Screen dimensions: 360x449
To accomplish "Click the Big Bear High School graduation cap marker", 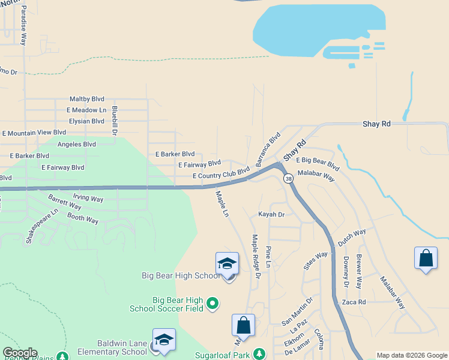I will point(228,264).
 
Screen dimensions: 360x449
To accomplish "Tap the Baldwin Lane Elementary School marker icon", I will point(164,340).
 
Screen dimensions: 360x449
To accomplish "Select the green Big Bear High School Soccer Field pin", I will point(212,304).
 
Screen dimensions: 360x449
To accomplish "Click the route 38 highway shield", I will point(289,179).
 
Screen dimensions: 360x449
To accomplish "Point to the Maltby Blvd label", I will point(87,99).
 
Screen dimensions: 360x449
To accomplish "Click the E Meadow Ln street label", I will point(86,110).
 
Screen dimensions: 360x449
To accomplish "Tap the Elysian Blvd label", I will point(87,121).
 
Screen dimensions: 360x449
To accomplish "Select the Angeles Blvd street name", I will point(77,145).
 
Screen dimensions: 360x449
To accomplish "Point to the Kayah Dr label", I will point(271,214).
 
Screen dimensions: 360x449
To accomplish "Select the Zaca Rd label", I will point(354,302).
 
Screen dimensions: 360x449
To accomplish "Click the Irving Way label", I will point(88,198).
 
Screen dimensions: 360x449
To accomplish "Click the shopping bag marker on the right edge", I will point(426,259).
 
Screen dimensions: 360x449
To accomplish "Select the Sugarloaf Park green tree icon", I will point(259,354).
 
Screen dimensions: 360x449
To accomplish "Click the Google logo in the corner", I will point(20,353).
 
